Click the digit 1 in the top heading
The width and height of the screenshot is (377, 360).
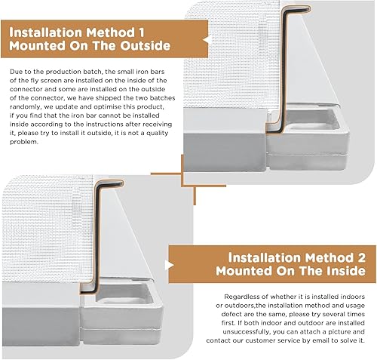[141, 32]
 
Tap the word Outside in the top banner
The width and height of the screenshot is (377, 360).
[146, 46]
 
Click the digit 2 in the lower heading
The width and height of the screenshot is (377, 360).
[361, 257]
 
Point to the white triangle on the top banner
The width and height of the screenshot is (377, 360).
[206, 40]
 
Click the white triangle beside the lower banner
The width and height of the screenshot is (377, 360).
[170, 265]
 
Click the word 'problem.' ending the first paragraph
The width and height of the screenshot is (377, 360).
[24, 142]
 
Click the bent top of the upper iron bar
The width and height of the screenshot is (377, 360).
[296, 8]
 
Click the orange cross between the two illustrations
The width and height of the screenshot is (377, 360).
[182, 174]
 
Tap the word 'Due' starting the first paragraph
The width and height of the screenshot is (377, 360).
[15, 72]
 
